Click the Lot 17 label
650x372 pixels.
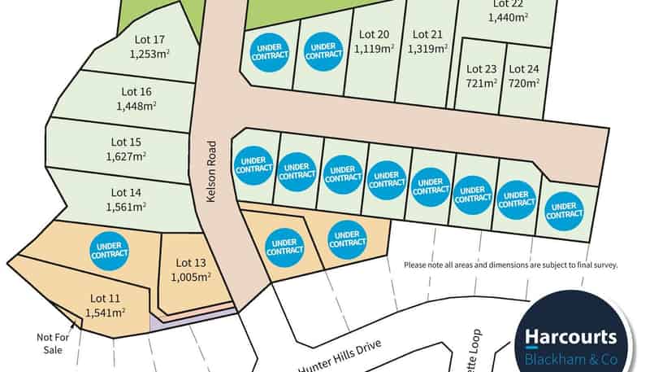point(147,39)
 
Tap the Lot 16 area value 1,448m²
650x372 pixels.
point(136,106)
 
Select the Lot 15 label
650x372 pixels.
point(123,142)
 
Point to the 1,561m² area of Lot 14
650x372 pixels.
point(126,207)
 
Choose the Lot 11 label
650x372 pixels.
point(102,298)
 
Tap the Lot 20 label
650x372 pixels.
point(374,34)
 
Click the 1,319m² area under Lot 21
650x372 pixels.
point(427,49)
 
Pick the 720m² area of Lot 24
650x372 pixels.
point(523,82)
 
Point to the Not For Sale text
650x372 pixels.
point(50,343)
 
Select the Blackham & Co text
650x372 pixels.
point(570,358)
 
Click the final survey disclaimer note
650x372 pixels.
point(511,264)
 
